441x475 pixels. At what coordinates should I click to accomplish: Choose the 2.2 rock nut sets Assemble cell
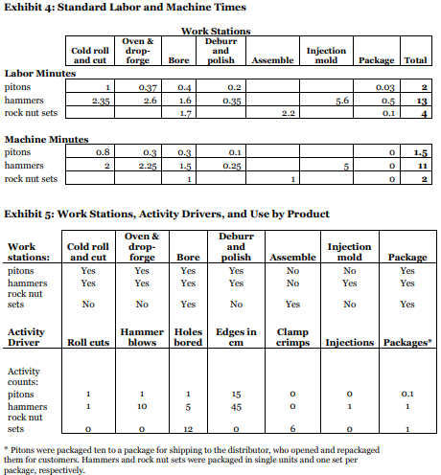(x=286, y=113)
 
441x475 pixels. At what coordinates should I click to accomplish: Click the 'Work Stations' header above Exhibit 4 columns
(x=216, y=32)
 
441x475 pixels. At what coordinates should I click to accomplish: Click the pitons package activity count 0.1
(x=407, y=394)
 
